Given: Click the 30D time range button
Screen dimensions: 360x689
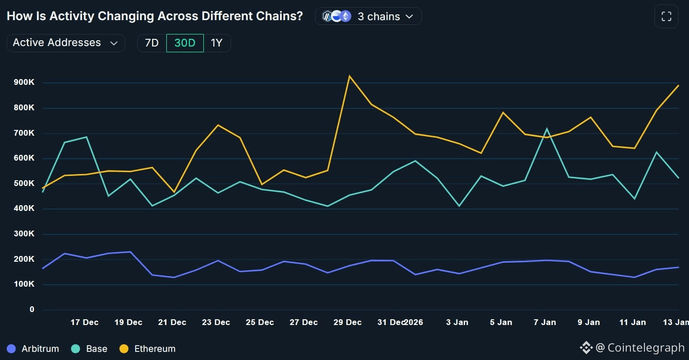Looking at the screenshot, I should click(x=185, y=43).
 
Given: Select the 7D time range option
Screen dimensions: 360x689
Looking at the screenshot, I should click(x=152, y=43).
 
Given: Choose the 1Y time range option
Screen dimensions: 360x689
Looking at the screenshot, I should click(x=217, y=43).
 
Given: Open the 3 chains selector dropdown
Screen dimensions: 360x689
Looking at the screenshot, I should click(x=368, y=16).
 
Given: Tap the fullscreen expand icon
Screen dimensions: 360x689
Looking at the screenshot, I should click(x=666, y=17).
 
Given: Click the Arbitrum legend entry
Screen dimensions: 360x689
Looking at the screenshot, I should click(x=33, y=348).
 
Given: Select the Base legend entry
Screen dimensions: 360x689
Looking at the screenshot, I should click(x=89, y=348).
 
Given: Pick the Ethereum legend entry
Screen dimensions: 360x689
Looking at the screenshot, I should click(x=148, y=348).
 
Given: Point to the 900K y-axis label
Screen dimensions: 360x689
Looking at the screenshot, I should click(x=24, y=82).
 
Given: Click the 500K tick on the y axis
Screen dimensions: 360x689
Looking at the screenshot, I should click(x=24, y=183).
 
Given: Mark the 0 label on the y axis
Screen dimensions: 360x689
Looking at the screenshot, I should click(x=32, y=309).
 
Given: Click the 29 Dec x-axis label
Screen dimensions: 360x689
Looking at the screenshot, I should click(x=347, y=322).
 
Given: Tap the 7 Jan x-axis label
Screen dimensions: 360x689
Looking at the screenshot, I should click(x=545, y=322).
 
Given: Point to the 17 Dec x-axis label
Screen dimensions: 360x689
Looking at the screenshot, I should click(x=84, y=322).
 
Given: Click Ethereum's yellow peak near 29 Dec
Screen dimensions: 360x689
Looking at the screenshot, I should click(x=350, y=76).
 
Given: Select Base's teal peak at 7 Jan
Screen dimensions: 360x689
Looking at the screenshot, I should click(x=547, y=128).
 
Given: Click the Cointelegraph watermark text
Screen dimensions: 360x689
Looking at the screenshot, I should click(x=645, y=348).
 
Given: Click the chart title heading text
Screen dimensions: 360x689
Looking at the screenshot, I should click(x=154, y=16).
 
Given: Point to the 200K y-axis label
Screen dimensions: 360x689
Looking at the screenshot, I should click(x=24, y=259).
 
